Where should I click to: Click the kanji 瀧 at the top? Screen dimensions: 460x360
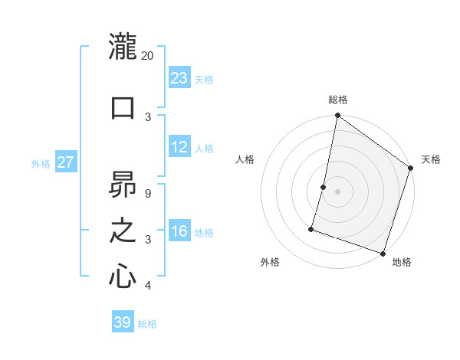coord(123,47)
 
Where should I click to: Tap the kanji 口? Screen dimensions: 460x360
coord(123,106)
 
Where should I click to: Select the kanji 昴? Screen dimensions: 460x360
coord(123,185)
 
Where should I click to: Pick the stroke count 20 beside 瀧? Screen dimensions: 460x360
coord(148,56)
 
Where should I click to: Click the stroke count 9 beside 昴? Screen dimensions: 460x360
coord(148,193)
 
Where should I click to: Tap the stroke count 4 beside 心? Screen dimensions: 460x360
coord(148,286)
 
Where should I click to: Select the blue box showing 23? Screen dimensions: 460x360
coord(179,78)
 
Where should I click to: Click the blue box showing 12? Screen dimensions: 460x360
coord(179,147)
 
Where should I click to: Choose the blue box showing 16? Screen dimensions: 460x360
coord(179,231)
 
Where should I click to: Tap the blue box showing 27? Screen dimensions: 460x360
coord(66,162)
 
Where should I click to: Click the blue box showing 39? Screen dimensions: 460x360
coord(123,322)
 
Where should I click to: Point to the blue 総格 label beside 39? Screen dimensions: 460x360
coord(147,324)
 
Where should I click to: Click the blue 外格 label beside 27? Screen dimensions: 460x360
coord(41,164)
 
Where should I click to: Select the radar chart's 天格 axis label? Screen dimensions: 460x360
coord(431,159)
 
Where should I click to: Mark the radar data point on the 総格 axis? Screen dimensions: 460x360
coord(337,116)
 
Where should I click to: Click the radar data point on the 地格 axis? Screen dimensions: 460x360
coord(382,253)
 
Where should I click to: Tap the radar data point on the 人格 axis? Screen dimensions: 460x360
coord(324,187)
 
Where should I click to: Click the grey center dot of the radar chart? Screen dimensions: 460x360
coord(337,191)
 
